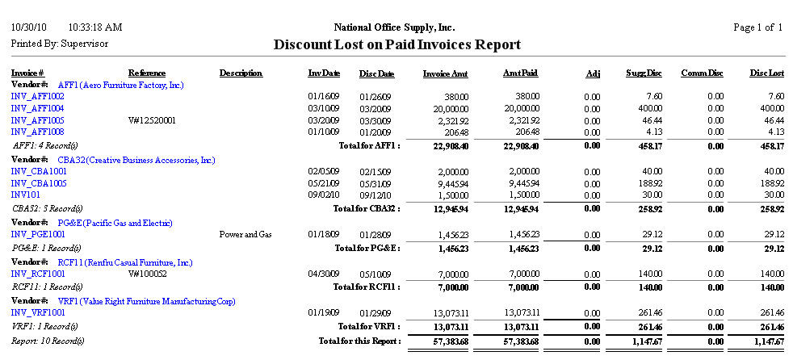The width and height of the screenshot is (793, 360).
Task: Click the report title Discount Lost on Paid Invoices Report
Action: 396,45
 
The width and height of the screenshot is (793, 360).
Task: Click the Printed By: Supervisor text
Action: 59,44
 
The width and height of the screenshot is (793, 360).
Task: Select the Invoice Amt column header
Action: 446,73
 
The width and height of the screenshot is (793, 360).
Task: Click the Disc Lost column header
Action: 766,73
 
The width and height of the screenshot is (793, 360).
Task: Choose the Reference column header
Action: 147,73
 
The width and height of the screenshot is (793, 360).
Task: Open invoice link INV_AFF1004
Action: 38,108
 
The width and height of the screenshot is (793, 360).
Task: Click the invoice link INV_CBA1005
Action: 38,183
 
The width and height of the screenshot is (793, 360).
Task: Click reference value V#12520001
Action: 153,120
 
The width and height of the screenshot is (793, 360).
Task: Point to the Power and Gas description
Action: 246,235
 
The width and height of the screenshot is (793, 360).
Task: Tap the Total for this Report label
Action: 360,341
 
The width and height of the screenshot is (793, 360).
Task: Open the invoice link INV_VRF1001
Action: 38,312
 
